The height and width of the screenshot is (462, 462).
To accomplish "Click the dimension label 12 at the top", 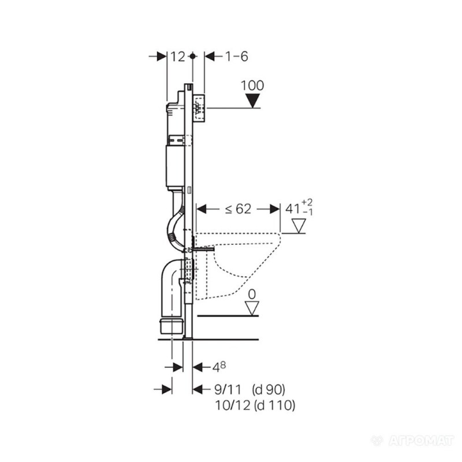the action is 178,56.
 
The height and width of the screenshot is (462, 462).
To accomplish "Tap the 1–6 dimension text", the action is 237,56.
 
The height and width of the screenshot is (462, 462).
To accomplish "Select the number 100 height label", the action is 252,85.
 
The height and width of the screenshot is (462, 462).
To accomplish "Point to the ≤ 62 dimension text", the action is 238,209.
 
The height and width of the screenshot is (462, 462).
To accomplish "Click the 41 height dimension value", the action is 293,209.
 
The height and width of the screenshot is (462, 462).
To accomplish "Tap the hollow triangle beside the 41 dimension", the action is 299,226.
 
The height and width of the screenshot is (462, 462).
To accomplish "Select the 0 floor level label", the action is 252,295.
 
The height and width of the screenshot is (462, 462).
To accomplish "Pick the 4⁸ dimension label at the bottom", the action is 219,367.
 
